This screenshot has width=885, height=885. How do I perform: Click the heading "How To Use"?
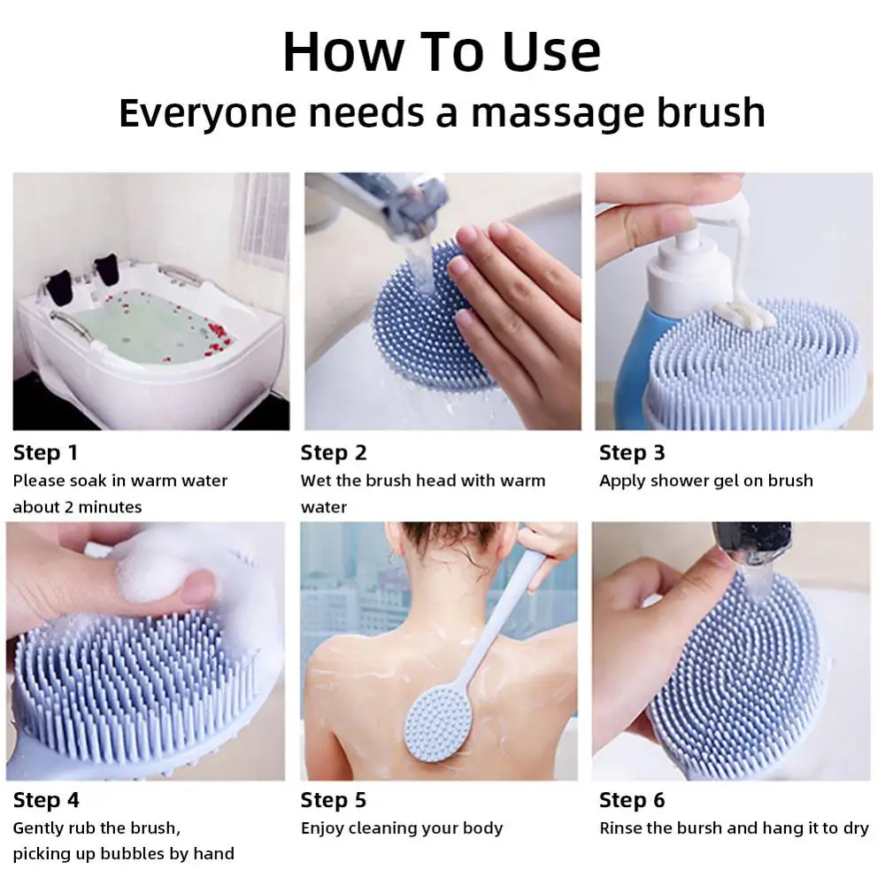coord(442,52)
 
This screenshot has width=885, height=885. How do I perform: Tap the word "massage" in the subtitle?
coord(557,114)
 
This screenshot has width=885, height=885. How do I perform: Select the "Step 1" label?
coord(45,452)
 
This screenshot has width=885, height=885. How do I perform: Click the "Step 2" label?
coord(334,452)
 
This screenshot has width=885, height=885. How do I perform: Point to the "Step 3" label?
coord(632,452)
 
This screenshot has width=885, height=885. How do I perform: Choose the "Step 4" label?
coord(46,800)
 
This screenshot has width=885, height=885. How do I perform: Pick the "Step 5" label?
coord(334,800)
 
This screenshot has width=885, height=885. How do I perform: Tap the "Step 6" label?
coord(632,800)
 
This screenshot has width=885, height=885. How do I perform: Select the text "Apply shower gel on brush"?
coord(706,481)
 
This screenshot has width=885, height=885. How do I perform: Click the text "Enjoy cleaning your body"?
coord(401,828)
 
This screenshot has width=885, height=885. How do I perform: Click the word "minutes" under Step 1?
coord(110,507)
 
